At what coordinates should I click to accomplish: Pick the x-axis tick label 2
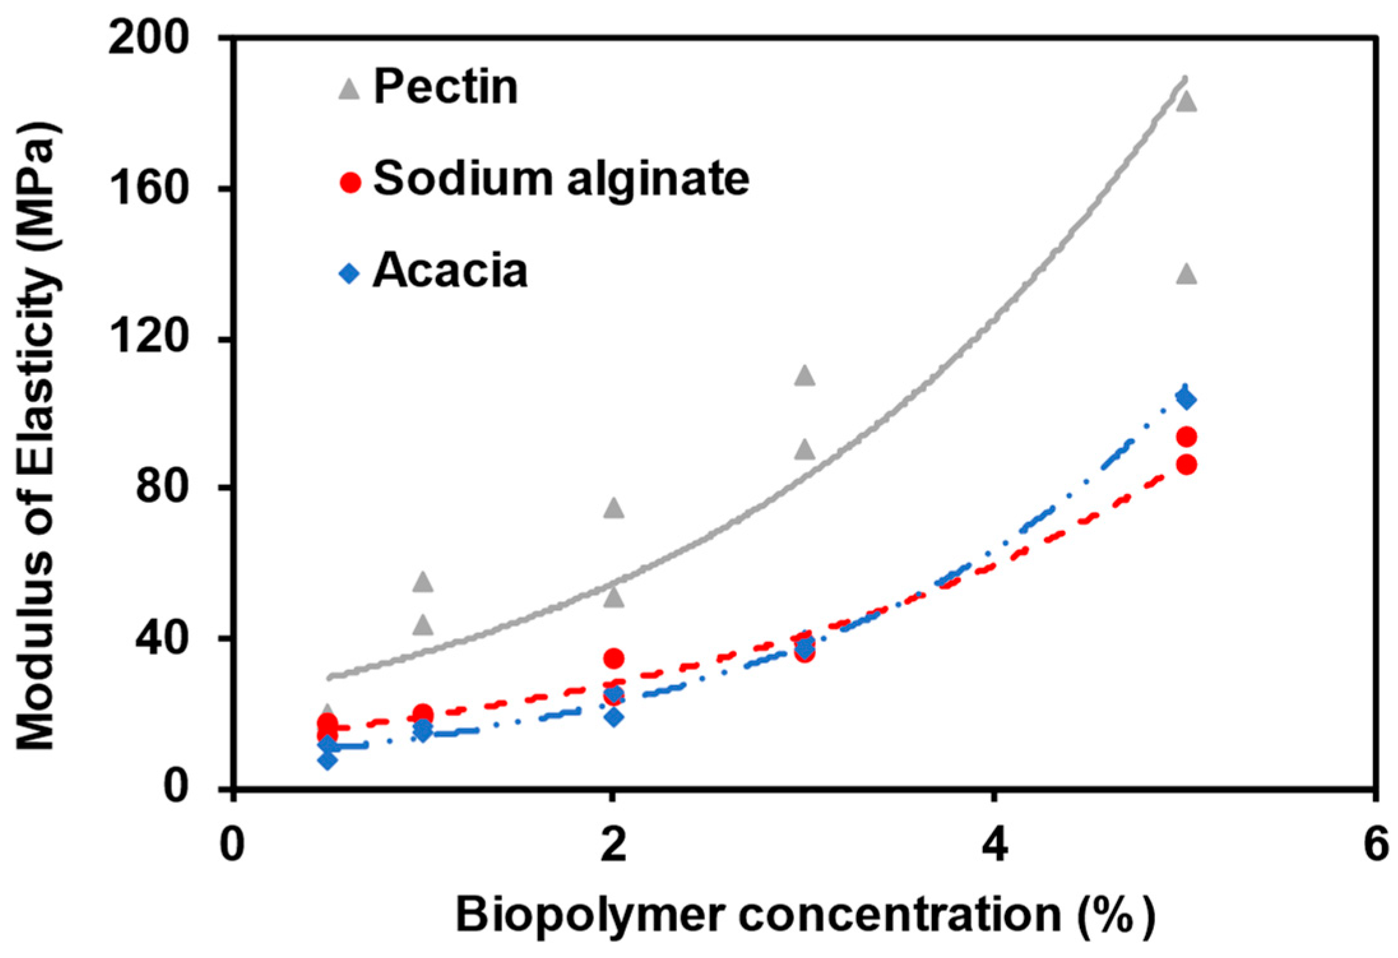point(613,845)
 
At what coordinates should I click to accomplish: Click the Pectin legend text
point(445,87)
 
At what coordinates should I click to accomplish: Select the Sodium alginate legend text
point(561,178)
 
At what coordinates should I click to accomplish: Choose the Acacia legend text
point(450,271)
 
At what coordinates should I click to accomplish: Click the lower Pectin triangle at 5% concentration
point(1186,274)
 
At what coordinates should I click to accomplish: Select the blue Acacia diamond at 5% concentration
point(1186,399)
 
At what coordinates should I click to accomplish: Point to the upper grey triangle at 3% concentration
point(805,376)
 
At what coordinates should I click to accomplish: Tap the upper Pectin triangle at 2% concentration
point(614,508)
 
